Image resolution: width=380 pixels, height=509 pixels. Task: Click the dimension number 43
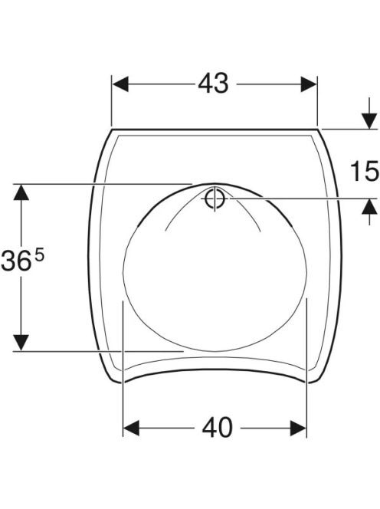click(213, 84)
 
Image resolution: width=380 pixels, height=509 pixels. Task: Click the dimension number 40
click(217, 428)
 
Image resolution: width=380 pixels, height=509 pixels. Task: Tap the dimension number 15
click(365, 171)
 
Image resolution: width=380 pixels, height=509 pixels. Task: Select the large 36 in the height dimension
click(16, 261)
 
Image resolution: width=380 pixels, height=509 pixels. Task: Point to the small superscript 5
click(39, 256)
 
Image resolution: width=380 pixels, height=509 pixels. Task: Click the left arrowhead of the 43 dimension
click(121, 84)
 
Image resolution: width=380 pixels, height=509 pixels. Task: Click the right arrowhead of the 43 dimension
click(309, 84)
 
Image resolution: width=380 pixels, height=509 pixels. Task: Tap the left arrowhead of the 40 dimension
click(132, 428)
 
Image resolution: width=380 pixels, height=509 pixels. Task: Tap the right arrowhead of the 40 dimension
click(298, 428)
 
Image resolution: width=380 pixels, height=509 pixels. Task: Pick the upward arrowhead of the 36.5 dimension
click(21, 192)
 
